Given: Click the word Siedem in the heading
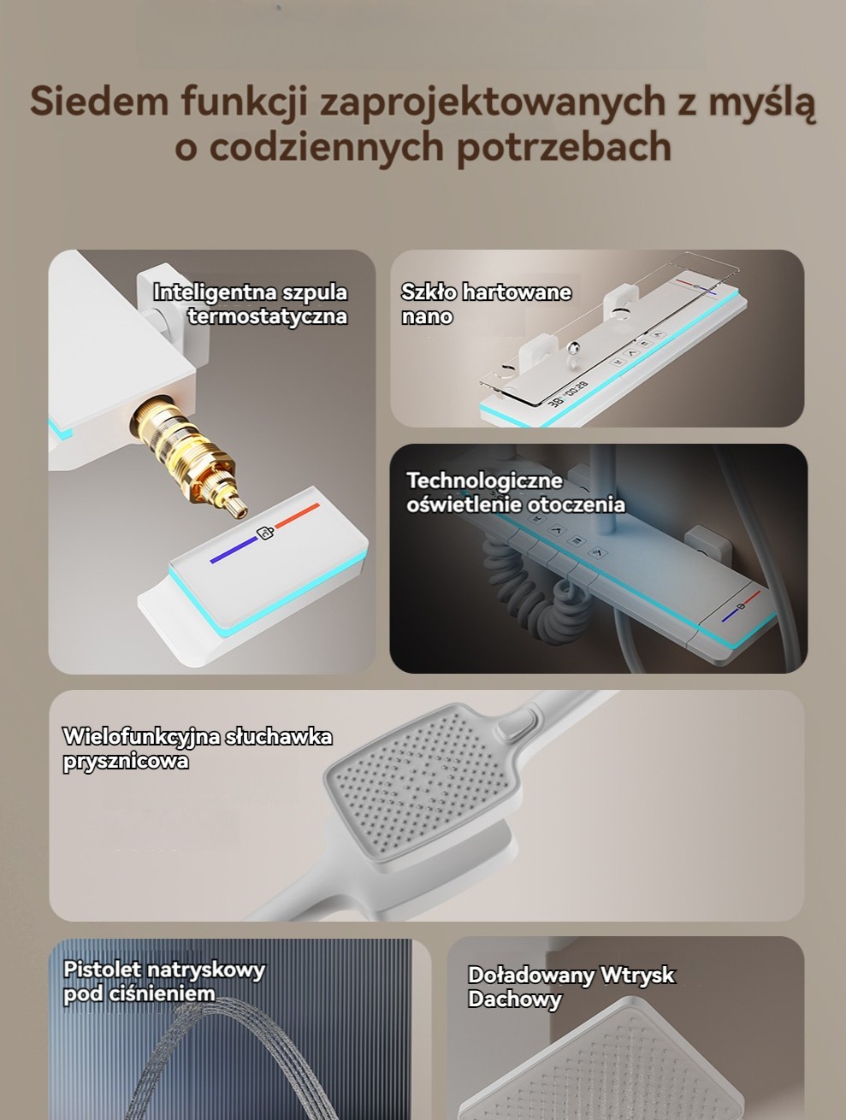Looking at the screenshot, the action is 99,101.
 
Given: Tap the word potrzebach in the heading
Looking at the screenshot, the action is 564,148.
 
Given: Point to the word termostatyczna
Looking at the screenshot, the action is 268,316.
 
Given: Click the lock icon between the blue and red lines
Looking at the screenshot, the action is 265,533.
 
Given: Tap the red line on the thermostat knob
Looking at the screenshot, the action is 297,516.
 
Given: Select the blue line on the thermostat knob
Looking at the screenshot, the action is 234,550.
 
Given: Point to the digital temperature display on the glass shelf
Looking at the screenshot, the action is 568,393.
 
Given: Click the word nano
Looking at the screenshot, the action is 427,317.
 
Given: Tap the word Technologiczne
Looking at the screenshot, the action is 484,480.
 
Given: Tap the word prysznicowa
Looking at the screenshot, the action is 126,762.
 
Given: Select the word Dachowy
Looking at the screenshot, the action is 515,999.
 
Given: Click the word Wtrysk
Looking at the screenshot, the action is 637,976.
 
